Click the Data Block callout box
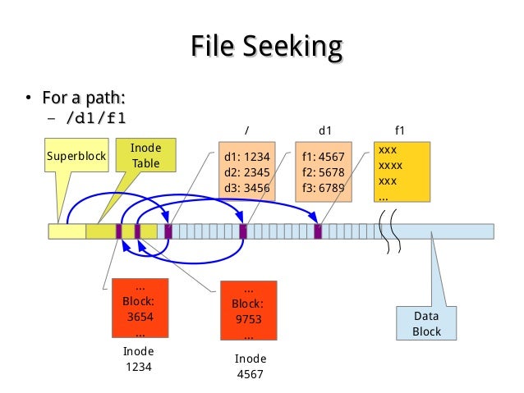coord(426,323)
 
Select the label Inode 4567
coord(251,367)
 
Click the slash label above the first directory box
coord(247,130)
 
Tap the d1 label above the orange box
coord(324,130)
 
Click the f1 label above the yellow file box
coord(400,130)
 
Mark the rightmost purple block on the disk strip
coord(318,231)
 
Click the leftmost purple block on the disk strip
coord(119,231)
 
